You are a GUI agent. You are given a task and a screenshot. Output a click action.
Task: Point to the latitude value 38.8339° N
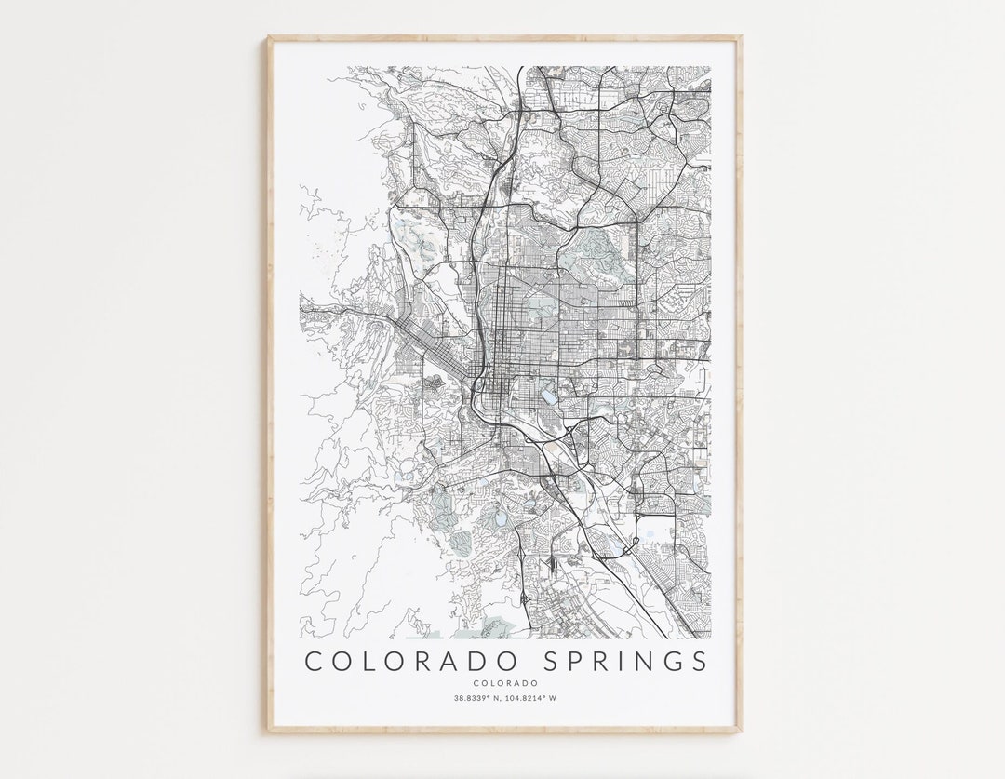(x=477, y=698)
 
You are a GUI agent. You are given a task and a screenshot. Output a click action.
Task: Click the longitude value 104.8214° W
(x=531, y=698)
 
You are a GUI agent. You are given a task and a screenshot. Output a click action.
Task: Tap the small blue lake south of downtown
(x=549, y=396)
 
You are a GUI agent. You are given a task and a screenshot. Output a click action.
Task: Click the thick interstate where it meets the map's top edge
(x=518, y=69)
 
